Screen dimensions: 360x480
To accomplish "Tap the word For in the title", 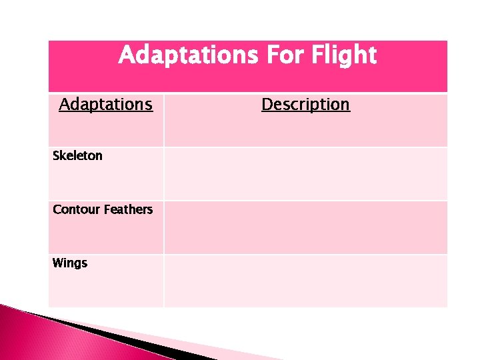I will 278,55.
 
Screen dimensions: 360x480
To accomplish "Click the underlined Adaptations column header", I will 105,105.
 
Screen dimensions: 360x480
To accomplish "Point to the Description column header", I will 305,105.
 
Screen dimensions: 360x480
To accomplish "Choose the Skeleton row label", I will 77,156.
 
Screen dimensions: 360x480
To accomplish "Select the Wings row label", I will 69,263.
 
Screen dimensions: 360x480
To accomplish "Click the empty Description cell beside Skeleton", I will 305,173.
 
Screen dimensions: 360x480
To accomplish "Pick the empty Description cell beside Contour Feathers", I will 305,227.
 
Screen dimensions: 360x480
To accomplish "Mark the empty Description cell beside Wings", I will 305,281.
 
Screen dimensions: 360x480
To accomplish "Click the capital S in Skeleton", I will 56,156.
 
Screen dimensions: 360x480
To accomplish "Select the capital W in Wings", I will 58,263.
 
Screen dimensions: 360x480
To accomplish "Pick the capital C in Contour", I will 57,209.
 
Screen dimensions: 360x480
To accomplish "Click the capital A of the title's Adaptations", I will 126,55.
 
